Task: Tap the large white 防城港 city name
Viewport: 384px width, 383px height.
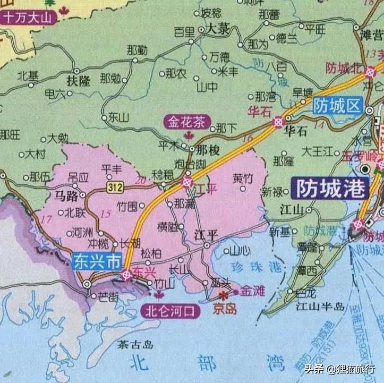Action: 332,188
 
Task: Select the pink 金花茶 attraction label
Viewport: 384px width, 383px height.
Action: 186,122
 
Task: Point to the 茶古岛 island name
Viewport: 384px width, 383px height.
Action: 135,345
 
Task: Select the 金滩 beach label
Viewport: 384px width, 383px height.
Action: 252,291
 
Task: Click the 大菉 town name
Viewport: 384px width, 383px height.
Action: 218,30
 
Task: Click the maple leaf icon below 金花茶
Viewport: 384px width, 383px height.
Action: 187,135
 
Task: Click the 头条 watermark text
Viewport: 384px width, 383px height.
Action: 314,369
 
